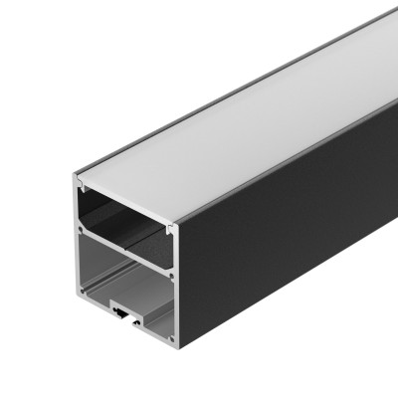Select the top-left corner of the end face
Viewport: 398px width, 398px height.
[x=77, y=179]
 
